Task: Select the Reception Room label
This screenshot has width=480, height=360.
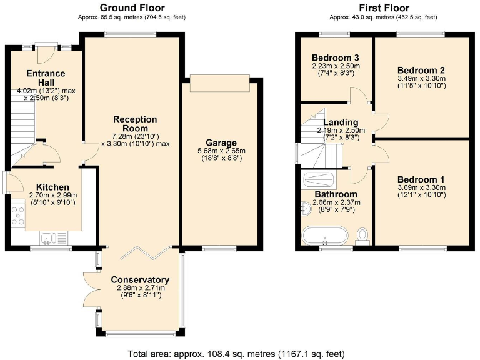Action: (x=135, y=123)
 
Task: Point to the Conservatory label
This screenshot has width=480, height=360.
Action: (x=139, y=279)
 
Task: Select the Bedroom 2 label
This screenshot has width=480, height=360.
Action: (x=422, y=70)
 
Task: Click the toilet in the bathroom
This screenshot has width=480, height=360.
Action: (x=362, y=235)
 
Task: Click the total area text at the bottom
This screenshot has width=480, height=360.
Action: (x=240, y=353)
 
